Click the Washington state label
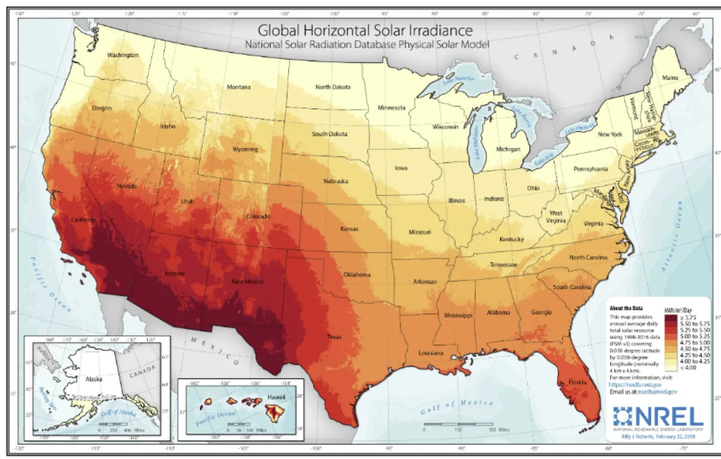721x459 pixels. pos(123,55)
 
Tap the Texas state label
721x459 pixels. pos(334,337)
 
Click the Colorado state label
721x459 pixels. pos(258,216)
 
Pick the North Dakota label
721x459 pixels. pos(333,87)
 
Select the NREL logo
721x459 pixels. pos(658,416)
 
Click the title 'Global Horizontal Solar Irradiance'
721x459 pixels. pos(365,29)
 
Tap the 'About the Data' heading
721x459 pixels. pos(626,308)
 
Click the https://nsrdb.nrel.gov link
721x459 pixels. pos(634,384)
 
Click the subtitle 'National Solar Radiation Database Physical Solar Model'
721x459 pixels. pos(367,44)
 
